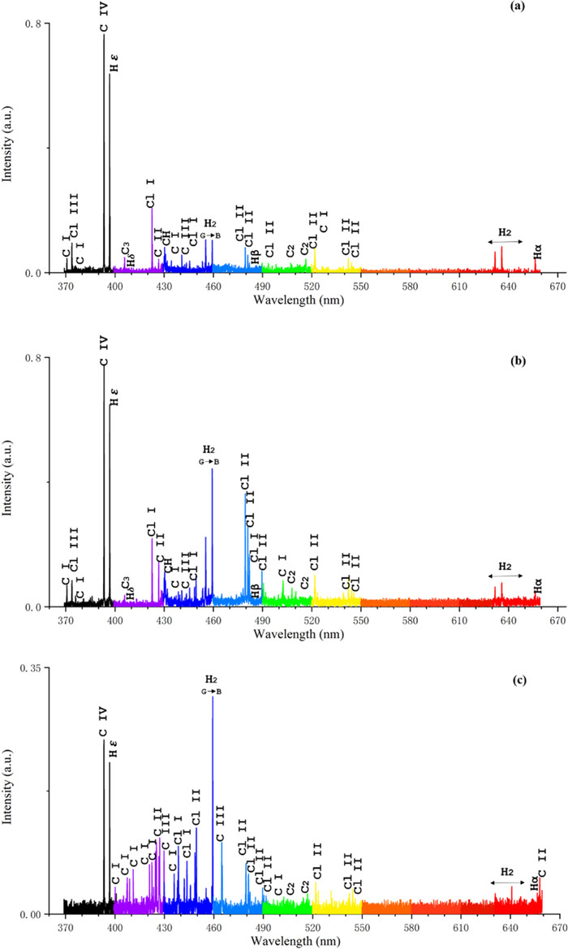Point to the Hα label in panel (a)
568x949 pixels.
pos(537,258)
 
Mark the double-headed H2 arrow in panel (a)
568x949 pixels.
pos(506,241)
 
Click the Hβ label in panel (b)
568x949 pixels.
pos(256,591)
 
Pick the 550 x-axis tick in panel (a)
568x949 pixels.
pos(360,287)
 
